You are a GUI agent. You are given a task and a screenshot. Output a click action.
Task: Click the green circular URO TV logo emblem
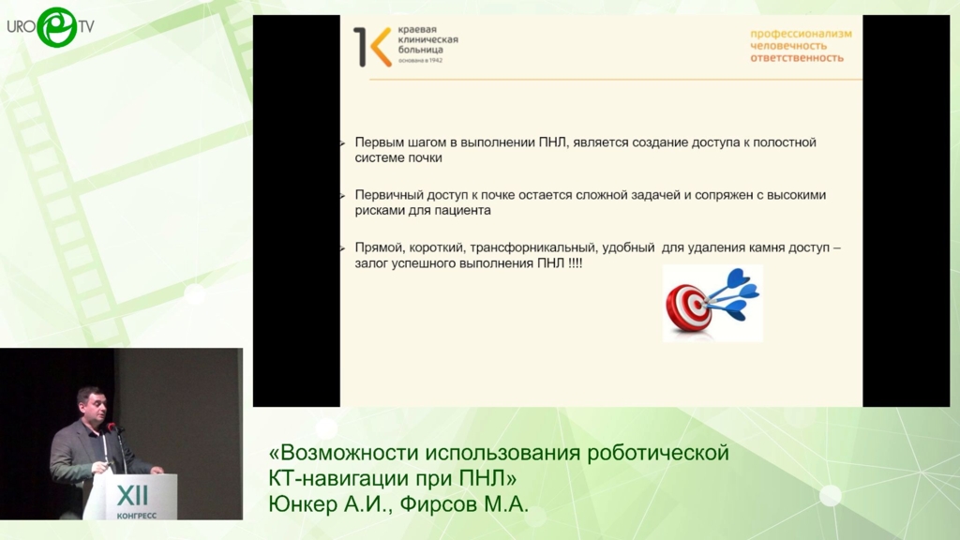point(57,27)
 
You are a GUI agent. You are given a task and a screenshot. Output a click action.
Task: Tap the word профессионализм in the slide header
point(801,34)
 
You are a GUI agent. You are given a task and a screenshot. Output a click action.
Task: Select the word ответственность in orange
point(797,57)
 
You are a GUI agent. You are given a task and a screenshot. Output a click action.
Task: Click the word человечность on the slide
point(788,46)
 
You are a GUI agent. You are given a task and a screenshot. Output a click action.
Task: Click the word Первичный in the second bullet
point(386,195)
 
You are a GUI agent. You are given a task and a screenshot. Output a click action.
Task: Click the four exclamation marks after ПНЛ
point(575,263)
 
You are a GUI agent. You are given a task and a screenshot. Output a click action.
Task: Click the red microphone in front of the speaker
point(112,427)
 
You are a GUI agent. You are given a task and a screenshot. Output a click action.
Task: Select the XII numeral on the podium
point(131,495)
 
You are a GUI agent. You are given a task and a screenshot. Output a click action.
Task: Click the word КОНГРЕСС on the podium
point(136,516)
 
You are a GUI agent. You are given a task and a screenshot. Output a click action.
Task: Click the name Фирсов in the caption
point(439,503)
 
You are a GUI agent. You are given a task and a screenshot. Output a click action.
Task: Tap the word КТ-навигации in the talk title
point(337,477)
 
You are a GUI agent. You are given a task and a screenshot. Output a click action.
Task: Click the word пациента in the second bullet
point(463,211)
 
